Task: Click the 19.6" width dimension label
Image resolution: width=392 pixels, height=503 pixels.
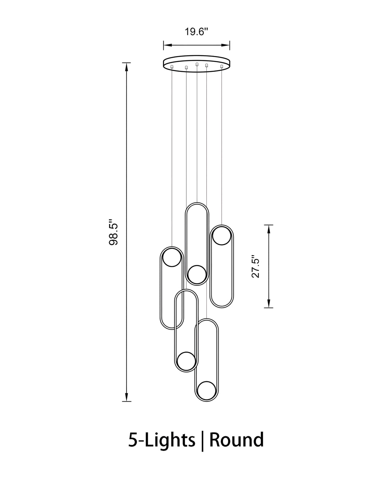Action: click(x=196, y=32)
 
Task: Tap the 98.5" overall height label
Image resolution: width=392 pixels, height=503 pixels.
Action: click(x=114, y=232)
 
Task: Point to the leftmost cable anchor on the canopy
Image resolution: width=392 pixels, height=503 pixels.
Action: click(x=172, y=67)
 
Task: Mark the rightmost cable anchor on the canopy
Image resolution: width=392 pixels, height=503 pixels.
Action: click(x=222, y=67)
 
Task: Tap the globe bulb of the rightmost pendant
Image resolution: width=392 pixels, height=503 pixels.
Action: click(x=221, y=236)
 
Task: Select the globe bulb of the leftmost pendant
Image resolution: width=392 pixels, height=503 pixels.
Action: click(x=172, y=257)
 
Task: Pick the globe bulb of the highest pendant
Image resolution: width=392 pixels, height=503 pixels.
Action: click(x=197, y=275)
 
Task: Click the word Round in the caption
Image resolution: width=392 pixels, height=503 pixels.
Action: click(x=236, y=440)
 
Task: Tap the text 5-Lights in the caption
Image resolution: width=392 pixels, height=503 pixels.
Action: click(x=162, y=440)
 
